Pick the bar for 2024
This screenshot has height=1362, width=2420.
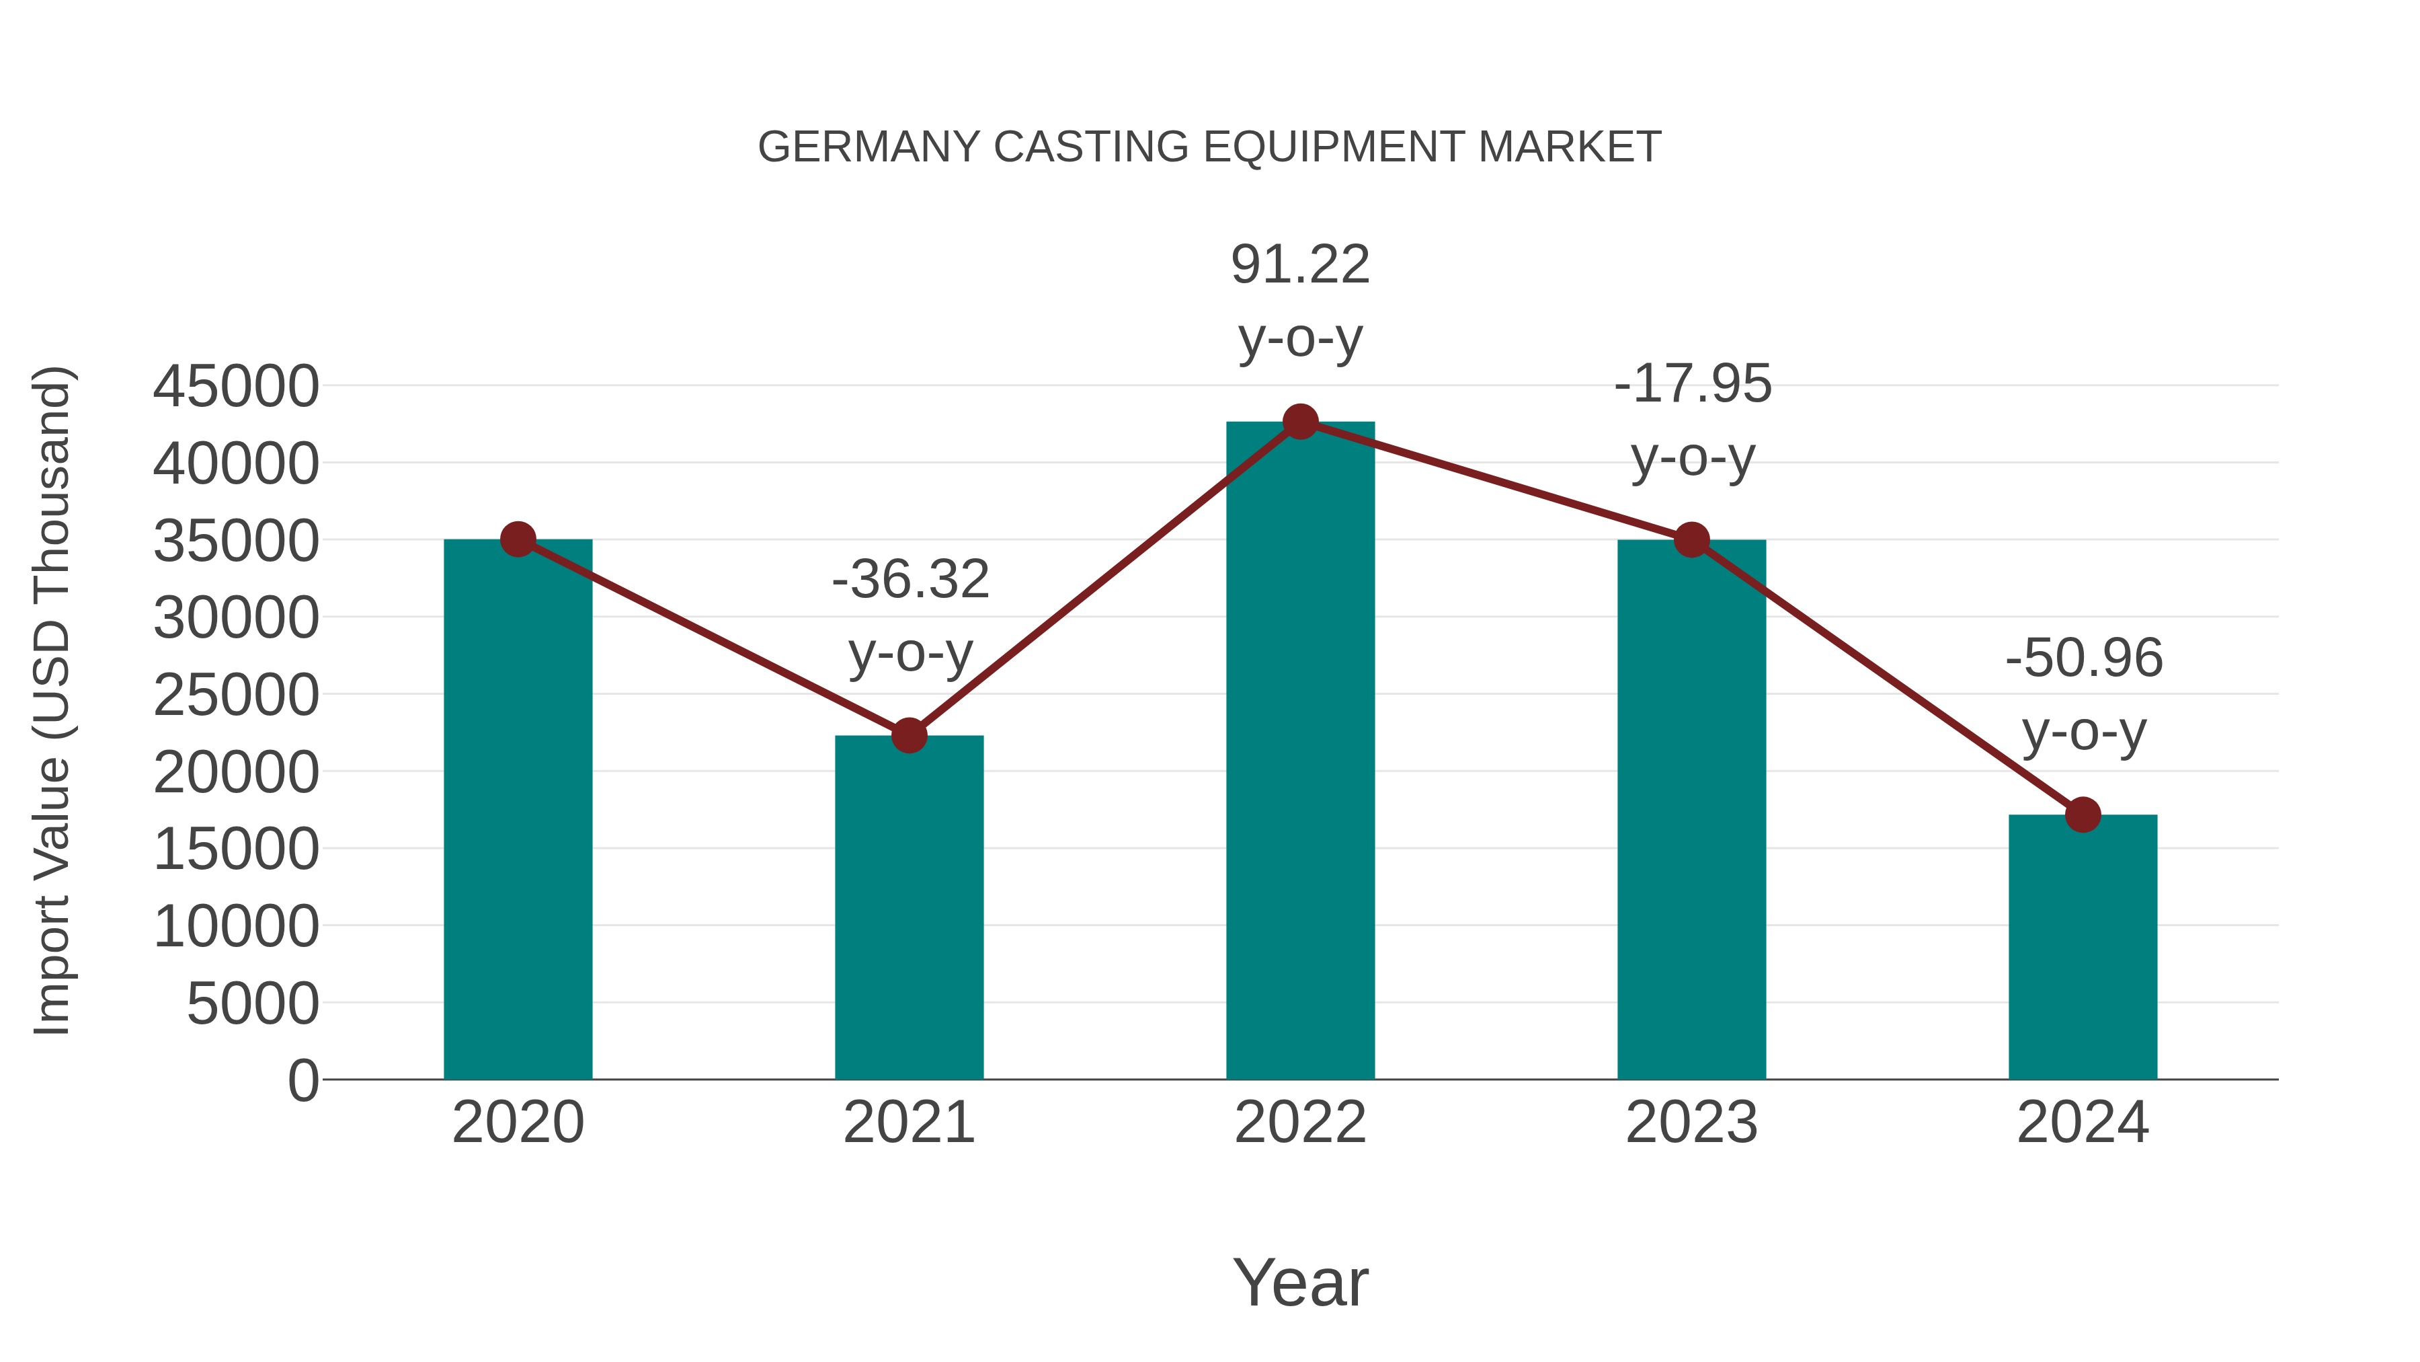coord(2083,949)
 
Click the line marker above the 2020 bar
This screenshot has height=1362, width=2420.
coord(518,539)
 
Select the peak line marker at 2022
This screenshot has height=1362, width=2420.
coord(1300,422)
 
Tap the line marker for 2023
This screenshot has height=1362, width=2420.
coord(1692,541)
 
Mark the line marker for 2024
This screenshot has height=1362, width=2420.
coord(2083,815)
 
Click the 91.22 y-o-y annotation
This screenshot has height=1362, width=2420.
coord(1300,265)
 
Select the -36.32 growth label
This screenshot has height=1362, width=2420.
coord(910,579)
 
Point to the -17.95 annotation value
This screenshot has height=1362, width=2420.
coord(1693,385)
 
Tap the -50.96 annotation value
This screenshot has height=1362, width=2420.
coord(2084,658)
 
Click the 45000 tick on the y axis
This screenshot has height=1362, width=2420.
coord(236,386)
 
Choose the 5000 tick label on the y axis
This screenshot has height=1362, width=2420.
coord(253,1004)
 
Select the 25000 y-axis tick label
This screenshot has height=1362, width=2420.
coord(236,695)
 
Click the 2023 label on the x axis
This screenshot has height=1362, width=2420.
coord(1691,1123)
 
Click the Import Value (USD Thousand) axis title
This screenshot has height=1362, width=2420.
coord(52,700)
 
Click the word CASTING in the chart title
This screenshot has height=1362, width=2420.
coord(1092,147)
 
